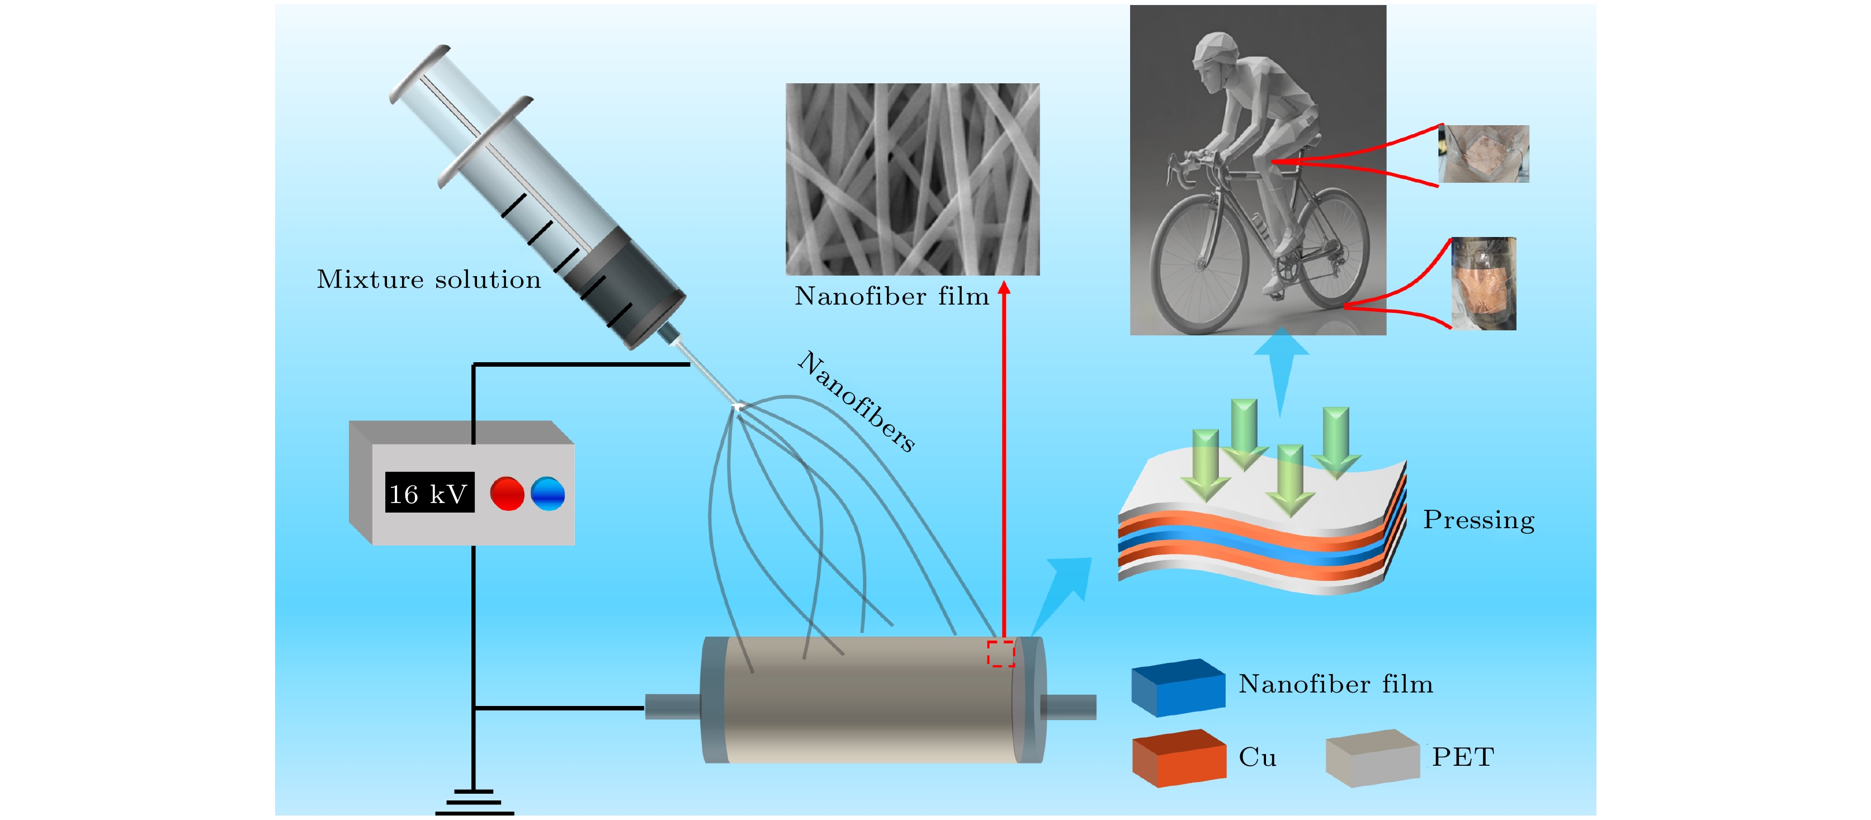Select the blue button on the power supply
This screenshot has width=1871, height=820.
click(547, 493)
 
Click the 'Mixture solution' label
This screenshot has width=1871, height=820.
click(428, 279)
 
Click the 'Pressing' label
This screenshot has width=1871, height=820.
click(1478, 520)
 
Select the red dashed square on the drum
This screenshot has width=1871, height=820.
click(1000, 653)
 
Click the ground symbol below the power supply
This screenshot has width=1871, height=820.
click(474, 803)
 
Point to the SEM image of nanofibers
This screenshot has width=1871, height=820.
click(912, 179)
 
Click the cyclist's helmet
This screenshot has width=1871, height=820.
click(1215, 45)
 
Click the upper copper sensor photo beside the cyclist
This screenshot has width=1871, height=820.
click(1485, 153)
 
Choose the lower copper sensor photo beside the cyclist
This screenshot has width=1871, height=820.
click(1483, 283)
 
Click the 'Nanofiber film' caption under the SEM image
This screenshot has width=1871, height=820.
click(892, 296)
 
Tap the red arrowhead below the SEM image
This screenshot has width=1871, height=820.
click(1004, 288)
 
